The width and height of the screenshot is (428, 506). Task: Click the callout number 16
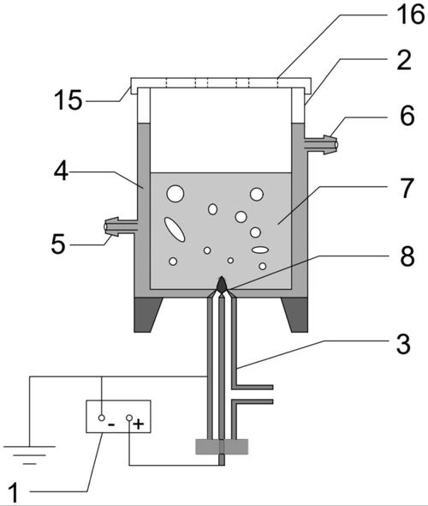(411, 15)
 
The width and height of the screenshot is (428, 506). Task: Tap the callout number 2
(404, 60)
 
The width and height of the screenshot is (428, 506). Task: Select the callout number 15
(68, 100)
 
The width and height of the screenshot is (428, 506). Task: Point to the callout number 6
(407, 116)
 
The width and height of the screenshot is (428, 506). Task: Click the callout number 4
(61, 171)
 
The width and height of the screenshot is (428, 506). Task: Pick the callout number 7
(407, 188)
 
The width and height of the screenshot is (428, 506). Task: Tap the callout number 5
(58, 244)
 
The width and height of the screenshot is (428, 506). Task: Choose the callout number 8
(407, 256)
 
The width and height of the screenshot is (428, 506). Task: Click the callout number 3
(403, 344)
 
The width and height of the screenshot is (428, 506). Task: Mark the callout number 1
(14, 493)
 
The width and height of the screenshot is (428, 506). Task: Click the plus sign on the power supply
(139, 424)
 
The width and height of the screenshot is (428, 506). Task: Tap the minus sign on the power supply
(111, 425)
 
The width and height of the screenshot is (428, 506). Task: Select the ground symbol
(30, 455)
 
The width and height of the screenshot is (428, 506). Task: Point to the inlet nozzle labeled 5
(121, 226)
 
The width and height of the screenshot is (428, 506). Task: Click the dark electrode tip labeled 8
(222, 285)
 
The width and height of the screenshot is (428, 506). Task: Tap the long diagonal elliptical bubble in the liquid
(175, 230)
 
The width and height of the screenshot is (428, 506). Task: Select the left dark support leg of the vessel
(147, 315)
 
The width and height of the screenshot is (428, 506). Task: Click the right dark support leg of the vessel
(295, 315)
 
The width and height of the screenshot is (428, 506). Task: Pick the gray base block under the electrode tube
(222, 447)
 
